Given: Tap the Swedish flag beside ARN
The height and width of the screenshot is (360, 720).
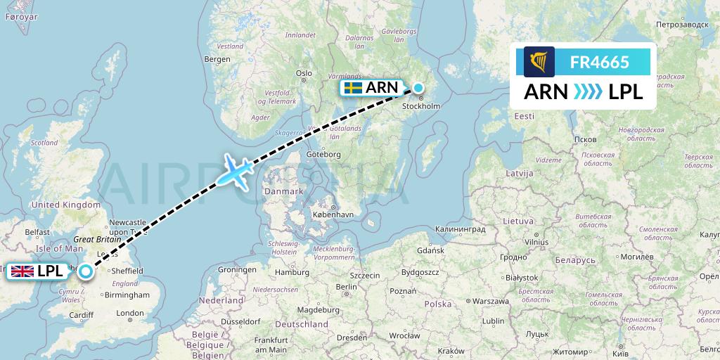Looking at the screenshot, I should click(353, 88).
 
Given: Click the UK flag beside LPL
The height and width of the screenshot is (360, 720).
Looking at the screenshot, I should click(22, 271).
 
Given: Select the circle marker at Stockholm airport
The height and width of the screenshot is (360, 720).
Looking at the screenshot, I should click(418, 88).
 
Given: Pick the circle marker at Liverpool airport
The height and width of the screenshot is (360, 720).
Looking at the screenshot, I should click(85, 271).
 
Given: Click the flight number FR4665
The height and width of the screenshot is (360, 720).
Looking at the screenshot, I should click(599, 62).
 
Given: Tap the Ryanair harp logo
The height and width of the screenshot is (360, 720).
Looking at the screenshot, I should click(539, 62).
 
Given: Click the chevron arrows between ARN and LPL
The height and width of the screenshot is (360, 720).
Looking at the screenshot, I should click(583, 92).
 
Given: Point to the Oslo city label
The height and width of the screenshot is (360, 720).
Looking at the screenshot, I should click(304, 73).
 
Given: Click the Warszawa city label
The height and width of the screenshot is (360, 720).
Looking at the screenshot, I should click(489, 301).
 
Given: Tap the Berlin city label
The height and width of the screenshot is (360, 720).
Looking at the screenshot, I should click(347, 287).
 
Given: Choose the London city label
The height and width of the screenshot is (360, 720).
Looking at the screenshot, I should click(130, 313).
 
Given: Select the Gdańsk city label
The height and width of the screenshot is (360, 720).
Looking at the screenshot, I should click(430, 250).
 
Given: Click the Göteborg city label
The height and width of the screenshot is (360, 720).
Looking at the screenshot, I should click(324, 154).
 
